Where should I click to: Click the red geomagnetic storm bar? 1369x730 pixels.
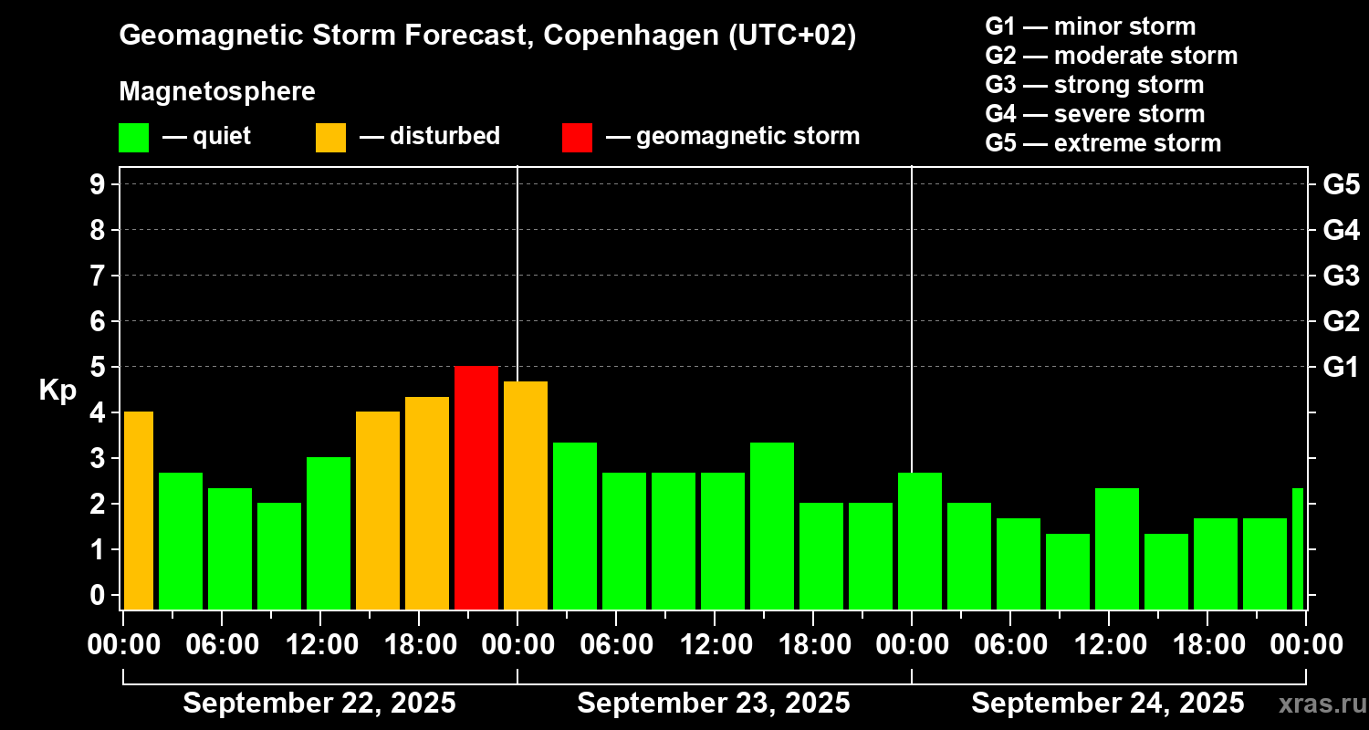(476, 487)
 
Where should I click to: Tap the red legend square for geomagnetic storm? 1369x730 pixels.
(577, 137)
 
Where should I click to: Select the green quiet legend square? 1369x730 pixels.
(133, 137)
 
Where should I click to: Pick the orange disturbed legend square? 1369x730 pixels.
(330, 137)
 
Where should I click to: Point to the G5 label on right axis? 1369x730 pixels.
(1341, 184)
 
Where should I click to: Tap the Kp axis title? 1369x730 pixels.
(57, 391)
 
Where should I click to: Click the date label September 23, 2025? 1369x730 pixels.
(714, 703)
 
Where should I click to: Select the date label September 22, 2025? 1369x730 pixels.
(319, 703)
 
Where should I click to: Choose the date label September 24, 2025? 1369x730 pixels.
(1107, 703)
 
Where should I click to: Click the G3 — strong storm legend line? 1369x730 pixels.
(1094, 85)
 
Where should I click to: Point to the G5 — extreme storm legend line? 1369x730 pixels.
(1103, 143)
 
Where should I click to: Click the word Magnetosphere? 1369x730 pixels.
(217, 92)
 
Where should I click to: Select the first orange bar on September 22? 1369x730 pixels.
(139, 510)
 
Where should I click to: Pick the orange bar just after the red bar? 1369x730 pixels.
(526, 495)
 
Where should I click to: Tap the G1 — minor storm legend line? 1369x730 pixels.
(1090, 26)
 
